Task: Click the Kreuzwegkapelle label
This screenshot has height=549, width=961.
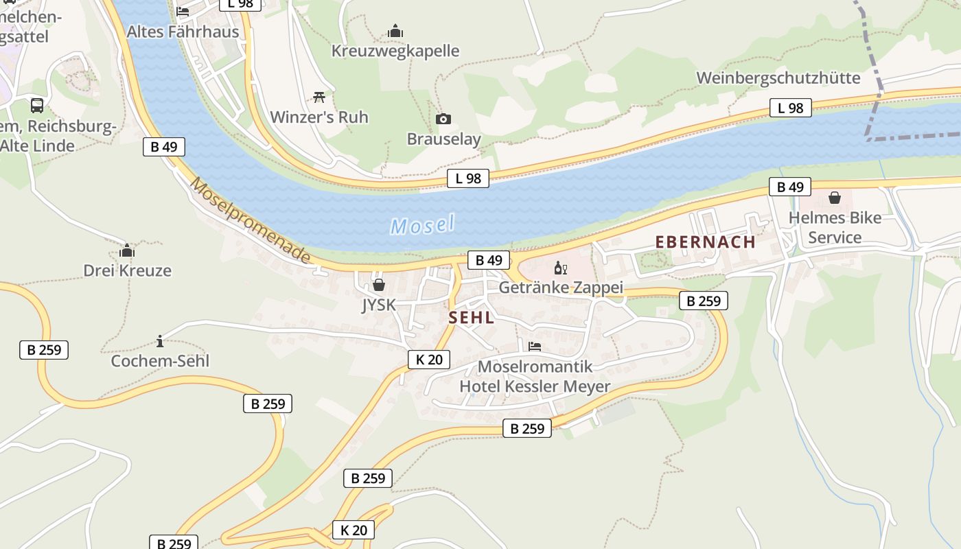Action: click(x=395, y=51)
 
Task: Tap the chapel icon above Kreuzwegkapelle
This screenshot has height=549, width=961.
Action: click(x=395, y=31)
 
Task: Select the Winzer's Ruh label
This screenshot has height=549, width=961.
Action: click(x=319, y=117)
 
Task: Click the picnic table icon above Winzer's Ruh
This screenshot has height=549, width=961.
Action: click(x=319, y=97)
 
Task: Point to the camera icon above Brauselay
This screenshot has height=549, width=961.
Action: click(x=443, y=119)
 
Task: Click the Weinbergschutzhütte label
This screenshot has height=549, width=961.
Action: click(x=778, y=78)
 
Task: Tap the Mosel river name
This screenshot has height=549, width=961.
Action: click(x=423, y=224)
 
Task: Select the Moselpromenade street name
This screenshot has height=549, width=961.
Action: click(x=251, y=220)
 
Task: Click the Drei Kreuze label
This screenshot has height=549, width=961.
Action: click(x=128, y=270)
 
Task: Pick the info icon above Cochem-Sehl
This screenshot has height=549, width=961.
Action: click(x=160, y=341)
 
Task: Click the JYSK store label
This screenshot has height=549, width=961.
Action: click(x=379, y=304)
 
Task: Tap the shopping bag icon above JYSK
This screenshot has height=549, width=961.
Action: click(x=378, y=284)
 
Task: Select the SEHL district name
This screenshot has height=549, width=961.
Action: click(x=472, y=317)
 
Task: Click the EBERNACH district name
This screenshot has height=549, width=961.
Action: click(x=705, y=242)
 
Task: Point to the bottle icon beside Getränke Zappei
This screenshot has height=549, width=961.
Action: click(x=561, y=268)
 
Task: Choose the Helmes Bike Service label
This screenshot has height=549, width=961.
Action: click(x=835, y=228)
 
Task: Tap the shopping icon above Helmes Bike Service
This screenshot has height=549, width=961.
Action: click(x=835, y=198)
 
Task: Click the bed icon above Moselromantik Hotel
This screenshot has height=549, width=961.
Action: click(x=535, y=346)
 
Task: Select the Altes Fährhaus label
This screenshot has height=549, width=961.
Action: click(x=183, y=32)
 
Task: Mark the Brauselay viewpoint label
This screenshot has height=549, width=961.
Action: click(x=443, y=139)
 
